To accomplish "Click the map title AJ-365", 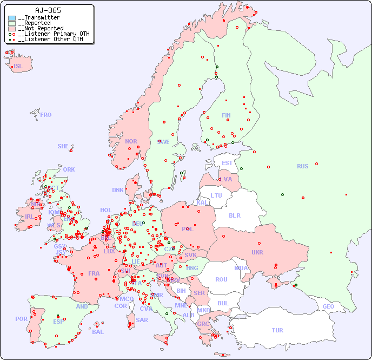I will click(48, 10).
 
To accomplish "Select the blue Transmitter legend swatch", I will click(12, 18).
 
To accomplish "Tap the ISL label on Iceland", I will click(18, 67).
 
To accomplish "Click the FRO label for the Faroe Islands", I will click(46, 115).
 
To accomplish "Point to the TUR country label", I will click(277, 330).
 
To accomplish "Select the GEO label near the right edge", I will click(328, 306).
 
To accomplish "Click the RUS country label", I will click(302, 166).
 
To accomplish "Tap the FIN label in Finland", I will click(226, 115).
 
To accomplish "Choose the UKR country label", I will click(257, 252).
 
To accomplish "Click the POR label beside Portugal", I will click(21, 319).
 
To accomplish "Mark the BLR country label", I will click(234, 215).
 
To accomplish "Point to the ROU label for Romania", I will click(221, 279).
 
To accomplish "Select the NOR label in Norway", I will click(131, 141).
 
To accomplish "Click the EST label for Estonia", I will click(227, 163).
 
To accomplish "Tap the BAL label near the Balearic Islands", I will click(97, 332).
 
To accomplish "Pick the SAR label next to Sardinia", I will click(142, 320).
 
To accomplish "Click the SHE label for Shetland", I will click(63, 146).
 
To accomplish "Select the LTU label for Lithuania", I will click(216, 195).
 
